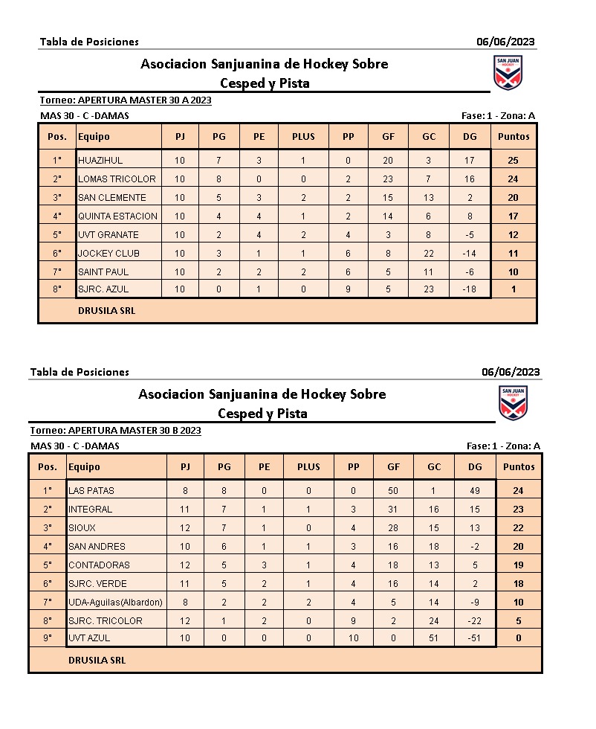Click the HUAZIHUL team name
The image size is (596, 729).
[x=100, y=160]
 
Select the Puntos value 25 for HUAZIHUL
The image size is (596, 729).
[x=514, y=160]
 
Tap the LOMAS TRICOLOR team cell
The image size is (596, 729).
[x=117, y=179]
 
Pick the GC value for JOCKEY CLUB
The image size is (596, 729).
[x=429, y=253]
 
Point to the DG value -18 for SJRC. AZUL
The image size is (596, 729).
[x=469, y=289]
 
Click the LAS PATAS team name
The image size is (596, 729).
[x=91, y=490]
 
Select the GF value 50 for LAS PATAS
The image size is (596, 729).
[x=393, y=490]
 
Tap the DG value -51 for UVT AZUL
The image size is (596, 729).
[x=475, y=638]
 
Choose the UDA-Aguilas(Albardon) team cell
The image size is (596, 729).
[x=115, y=602]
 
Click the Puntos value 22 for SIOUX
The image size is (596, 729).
[x=518, y=527]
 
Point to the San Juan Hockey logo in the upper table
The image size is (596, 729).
[x=508, y=72]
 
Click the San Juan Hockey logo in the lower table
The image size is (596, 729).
[x=513, y=403]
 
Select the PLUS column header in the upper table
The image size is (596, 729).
[x=303, y=136]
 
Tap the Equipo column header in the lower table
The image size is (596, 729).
[x=84, y=466]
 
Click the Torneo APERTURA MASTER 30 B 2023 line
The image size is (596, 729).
[x=115, y=430]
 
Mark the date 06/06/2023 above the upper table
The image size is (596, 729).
[x=505, y=42]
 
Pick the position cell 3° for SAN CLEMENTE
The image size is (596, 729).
[x=57, y=197]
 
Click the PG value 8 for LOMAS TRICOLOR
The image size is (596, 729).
[x=219, y=179]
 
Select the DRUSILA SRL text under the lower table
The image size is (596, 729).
[x=97, y=660]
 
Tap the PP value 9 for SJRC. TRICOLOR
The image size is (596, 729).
[x=353, y=620]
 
